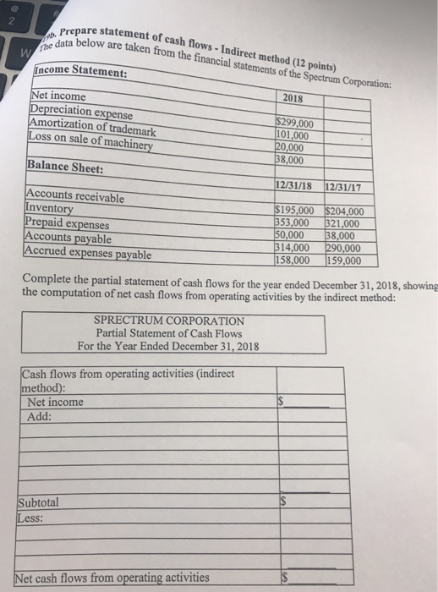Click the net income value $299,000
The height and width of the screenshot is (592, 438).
(x=295, y=122)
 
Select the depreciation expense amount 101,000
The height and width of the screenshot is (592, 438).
(x=293, y=134)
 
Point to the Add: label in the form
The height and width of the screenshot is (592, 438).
(x=40, y=417)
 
